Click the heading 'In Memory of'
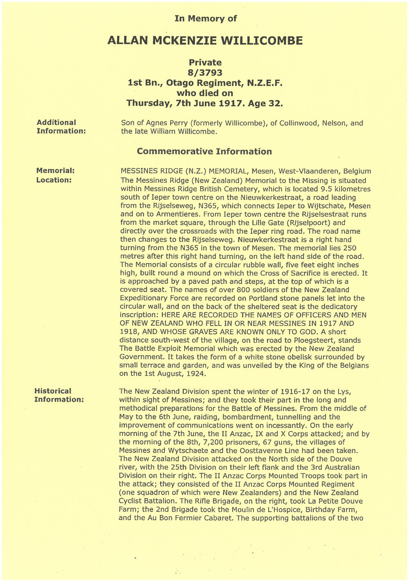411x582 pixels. [205, 19]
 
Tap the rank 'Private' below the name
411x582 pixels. [205, 63]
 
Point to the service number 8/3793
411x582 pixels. [205, 73]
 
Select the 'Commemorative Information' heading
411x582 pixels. [204, 151]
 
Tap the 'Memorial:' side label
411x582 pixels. [55, 170]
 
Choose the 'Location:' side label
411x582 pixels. [54, 180]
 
